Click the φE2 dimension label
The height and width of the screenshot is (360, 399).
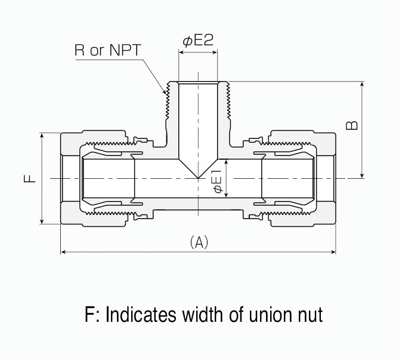[x=198, y=41]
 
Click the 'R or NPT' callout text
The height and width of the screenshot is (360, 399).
[x=107, y=50]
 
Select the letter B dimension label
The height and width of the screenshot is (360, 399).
[x=352, y=124]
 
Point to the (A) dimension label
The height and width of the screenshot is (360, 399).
[x=198, y=242]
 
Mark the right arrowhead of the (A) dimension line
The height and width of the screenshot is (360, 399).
[x=334, y=253]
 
